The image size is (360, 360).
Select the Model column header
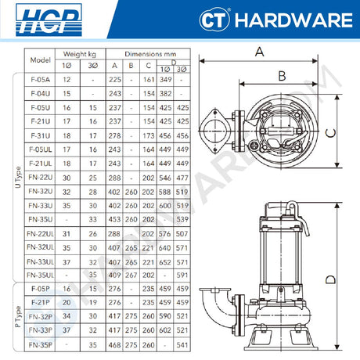pyautogui.click(x=40, y=59)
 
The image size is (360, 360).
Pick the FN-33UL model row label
pyautogui.click(x=40, y=261)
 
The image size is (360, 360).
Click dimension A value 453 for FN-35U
pyautogui.click(x=115, y=220)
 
